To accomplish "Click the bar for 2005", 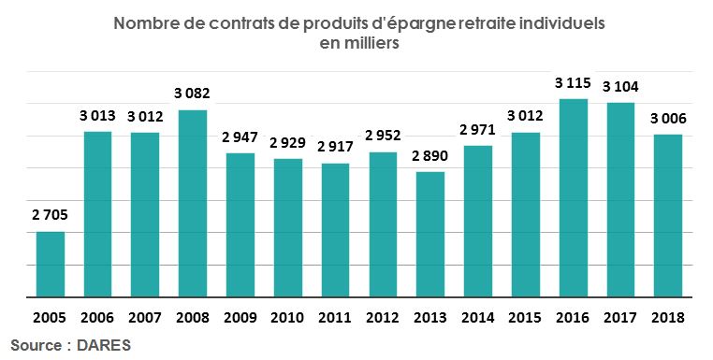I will [51, 264].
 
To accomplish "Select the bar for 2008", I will [193, 203].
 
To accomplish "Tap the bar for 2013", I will [429, 234].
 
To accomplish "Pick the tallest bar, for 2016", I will [572, 197].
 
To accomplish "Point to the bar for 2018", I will [666, 215].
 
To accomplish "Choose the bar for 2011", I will [335, 230].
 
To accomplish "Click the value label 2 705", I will [51, 215].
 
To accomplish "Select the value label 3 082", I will [193, 94].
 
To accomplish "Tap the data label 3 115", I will [572, 83].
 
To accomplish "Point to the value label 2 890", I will [429, 155].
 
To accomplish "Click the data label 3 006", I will [666, 119].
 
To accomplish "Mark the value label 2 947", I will [240, 137].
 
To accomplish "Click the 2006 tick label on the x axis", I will [98, 318].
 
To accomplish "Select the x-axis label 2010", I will [287, 318].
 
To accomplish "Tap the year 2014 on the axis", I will [477, 318].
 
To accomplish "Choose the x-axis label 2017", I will [618, 318].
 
